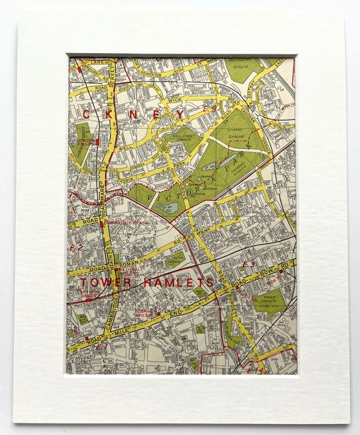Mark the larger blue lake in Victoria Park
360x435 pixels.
(x=165, y=207)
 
